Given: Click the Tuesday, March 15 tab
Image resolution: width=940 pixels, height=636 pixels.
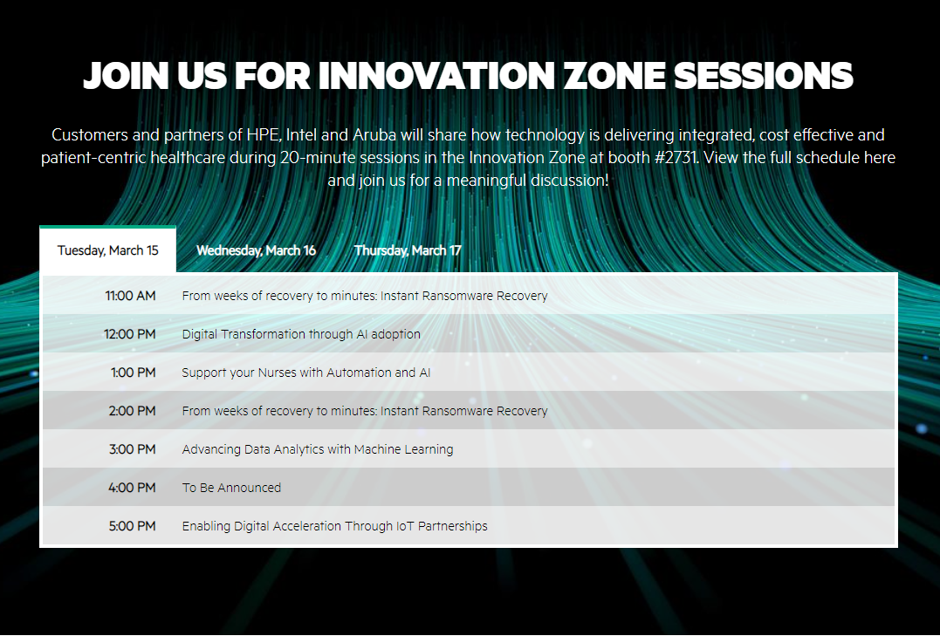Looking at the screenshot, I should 107,250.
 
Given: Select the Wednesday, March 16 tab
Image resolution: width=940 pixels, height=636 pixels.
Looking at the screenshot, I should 256,250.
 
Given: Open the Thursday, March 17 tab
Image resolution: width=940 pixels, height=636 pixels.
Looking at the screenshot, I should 408,250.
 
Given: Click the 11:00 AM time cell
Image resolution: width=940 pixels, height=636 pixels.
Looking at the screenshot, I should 130,296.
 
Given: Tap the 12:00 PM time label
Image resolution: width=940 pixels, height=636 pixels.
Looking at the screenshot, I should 129,334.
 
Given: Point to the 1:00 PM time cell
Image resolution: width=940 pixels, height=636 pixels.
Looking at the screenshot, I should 133,373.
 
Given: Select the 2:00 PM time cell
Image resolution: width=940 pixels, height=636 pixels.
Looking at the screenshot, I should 132,411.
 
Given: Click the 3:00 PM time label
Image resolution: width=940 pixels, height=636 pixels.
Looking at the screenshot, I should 132,449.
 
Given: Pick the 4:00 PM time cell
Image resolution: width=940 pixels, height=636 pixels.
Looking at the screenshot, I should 132,488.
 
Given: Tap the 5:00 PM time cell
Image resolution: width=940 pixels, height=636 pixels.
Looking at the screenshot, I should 132,526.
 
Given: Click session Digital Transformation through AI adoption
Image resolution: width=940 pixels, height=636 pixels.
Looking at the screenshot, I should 301,334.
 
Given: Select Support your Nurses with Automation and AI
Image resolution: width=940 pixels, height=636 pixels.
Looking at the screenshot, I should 305,373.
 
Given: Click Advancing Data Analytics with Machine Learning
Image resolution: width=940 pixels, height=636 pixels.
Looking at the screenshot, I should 317,449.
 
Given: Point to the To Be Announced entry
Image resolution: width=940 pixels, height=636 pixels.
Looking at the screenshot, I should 231,488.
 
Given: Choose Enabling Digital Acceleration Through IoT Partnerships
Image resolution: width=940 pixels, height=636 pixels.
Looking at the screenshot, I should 334,526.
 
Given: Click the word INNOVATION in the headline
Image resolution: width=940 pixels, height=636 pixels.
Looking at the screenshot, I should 436,76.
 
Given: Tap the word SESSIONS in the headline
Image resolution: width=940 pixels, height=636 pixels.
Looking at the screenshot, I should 764,76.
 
